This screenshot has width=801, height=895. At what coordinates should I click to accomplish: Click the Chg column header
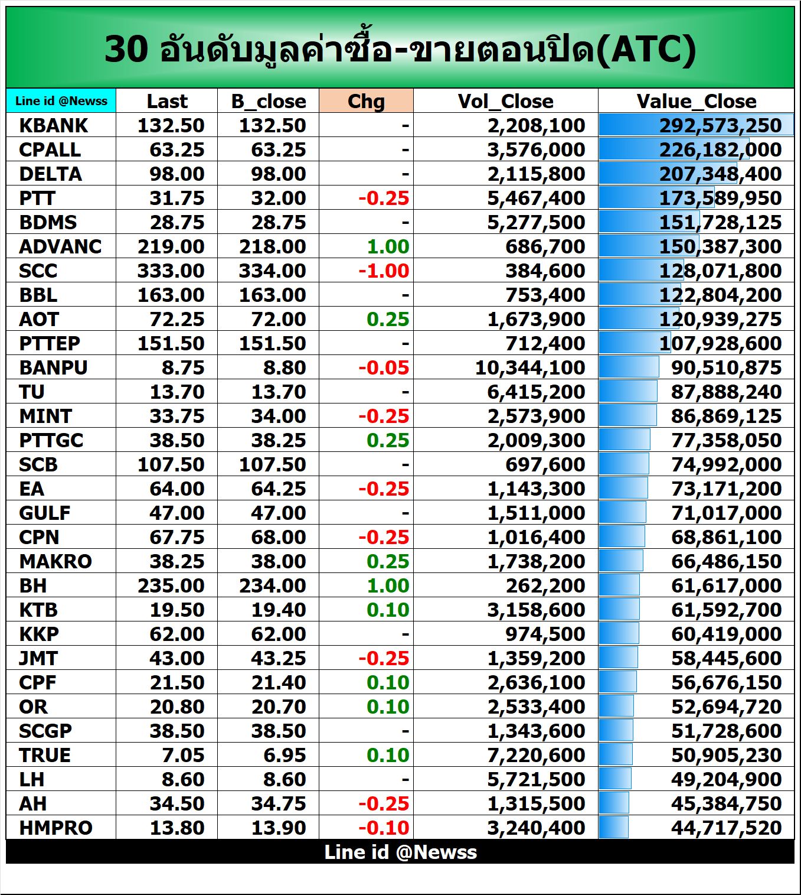366,102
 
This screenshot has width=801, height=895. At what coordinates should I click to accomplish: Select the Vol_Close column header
505,102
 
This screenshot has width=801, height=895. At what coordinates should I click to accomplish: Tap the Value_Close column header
696,102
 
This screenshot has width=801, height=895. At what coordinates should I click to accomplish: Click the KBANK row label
53,126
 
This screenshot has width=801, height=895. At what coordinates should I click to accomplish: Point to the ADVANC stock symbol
60,247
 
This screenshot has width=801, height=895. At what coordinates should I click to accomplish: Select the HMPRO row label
55,828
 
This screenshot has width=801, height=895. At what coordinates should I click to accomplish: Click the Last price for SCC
171,271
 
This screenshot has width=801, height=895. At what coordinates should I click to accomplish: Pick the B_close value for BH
272,586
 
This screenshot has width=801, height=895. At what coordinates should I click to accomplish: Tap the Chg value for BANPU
384,368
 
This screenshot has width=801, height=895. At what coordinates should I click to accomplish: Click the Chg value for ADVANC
388,247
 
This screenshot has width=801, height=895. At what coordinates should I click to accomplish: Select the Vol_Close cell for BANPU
529,368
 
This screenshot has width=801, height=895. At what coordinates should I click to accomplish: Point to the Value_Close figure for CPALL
720,150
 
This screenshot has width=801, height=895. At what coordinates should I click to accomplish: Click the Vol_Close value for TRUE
535,756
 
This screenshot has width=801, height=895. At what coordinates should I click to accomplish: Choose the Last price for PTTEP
171,344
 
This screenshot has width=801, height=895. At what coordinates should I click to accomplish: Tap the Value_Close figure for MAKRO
726,562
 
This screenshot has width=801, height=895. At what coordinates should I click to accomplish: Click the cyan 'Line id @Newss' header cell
61,101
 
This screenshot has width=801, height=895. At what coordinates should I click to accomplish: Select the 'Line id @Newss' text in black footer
400,852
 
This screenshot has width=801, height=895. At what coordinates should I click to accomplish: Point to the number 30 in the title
126,49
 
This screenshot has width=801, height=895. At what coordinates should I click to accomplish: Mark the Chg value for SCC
384,271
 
